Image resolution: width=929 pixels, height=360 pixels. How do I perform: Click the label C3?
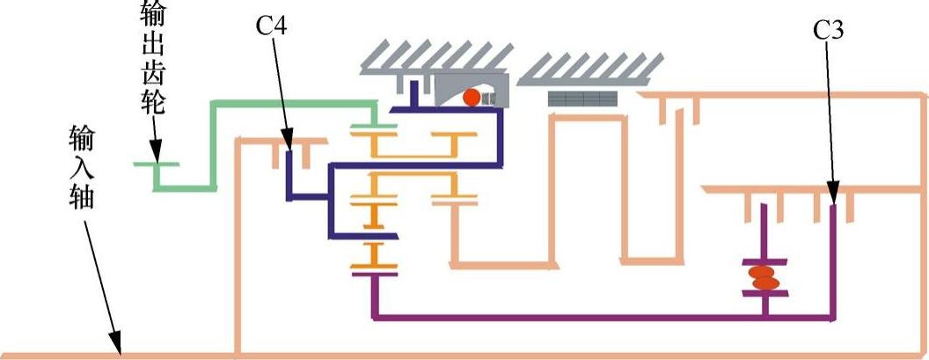point(830,31)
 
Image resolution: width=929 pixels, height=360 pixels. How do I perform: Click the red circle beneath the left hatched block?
point(472,97)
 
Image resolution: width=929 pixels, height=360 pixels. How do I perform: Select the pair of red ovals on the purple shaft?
point(764,277)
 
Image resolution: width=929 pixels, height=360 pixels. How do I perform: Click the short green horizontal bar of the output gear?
point(156,165)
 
